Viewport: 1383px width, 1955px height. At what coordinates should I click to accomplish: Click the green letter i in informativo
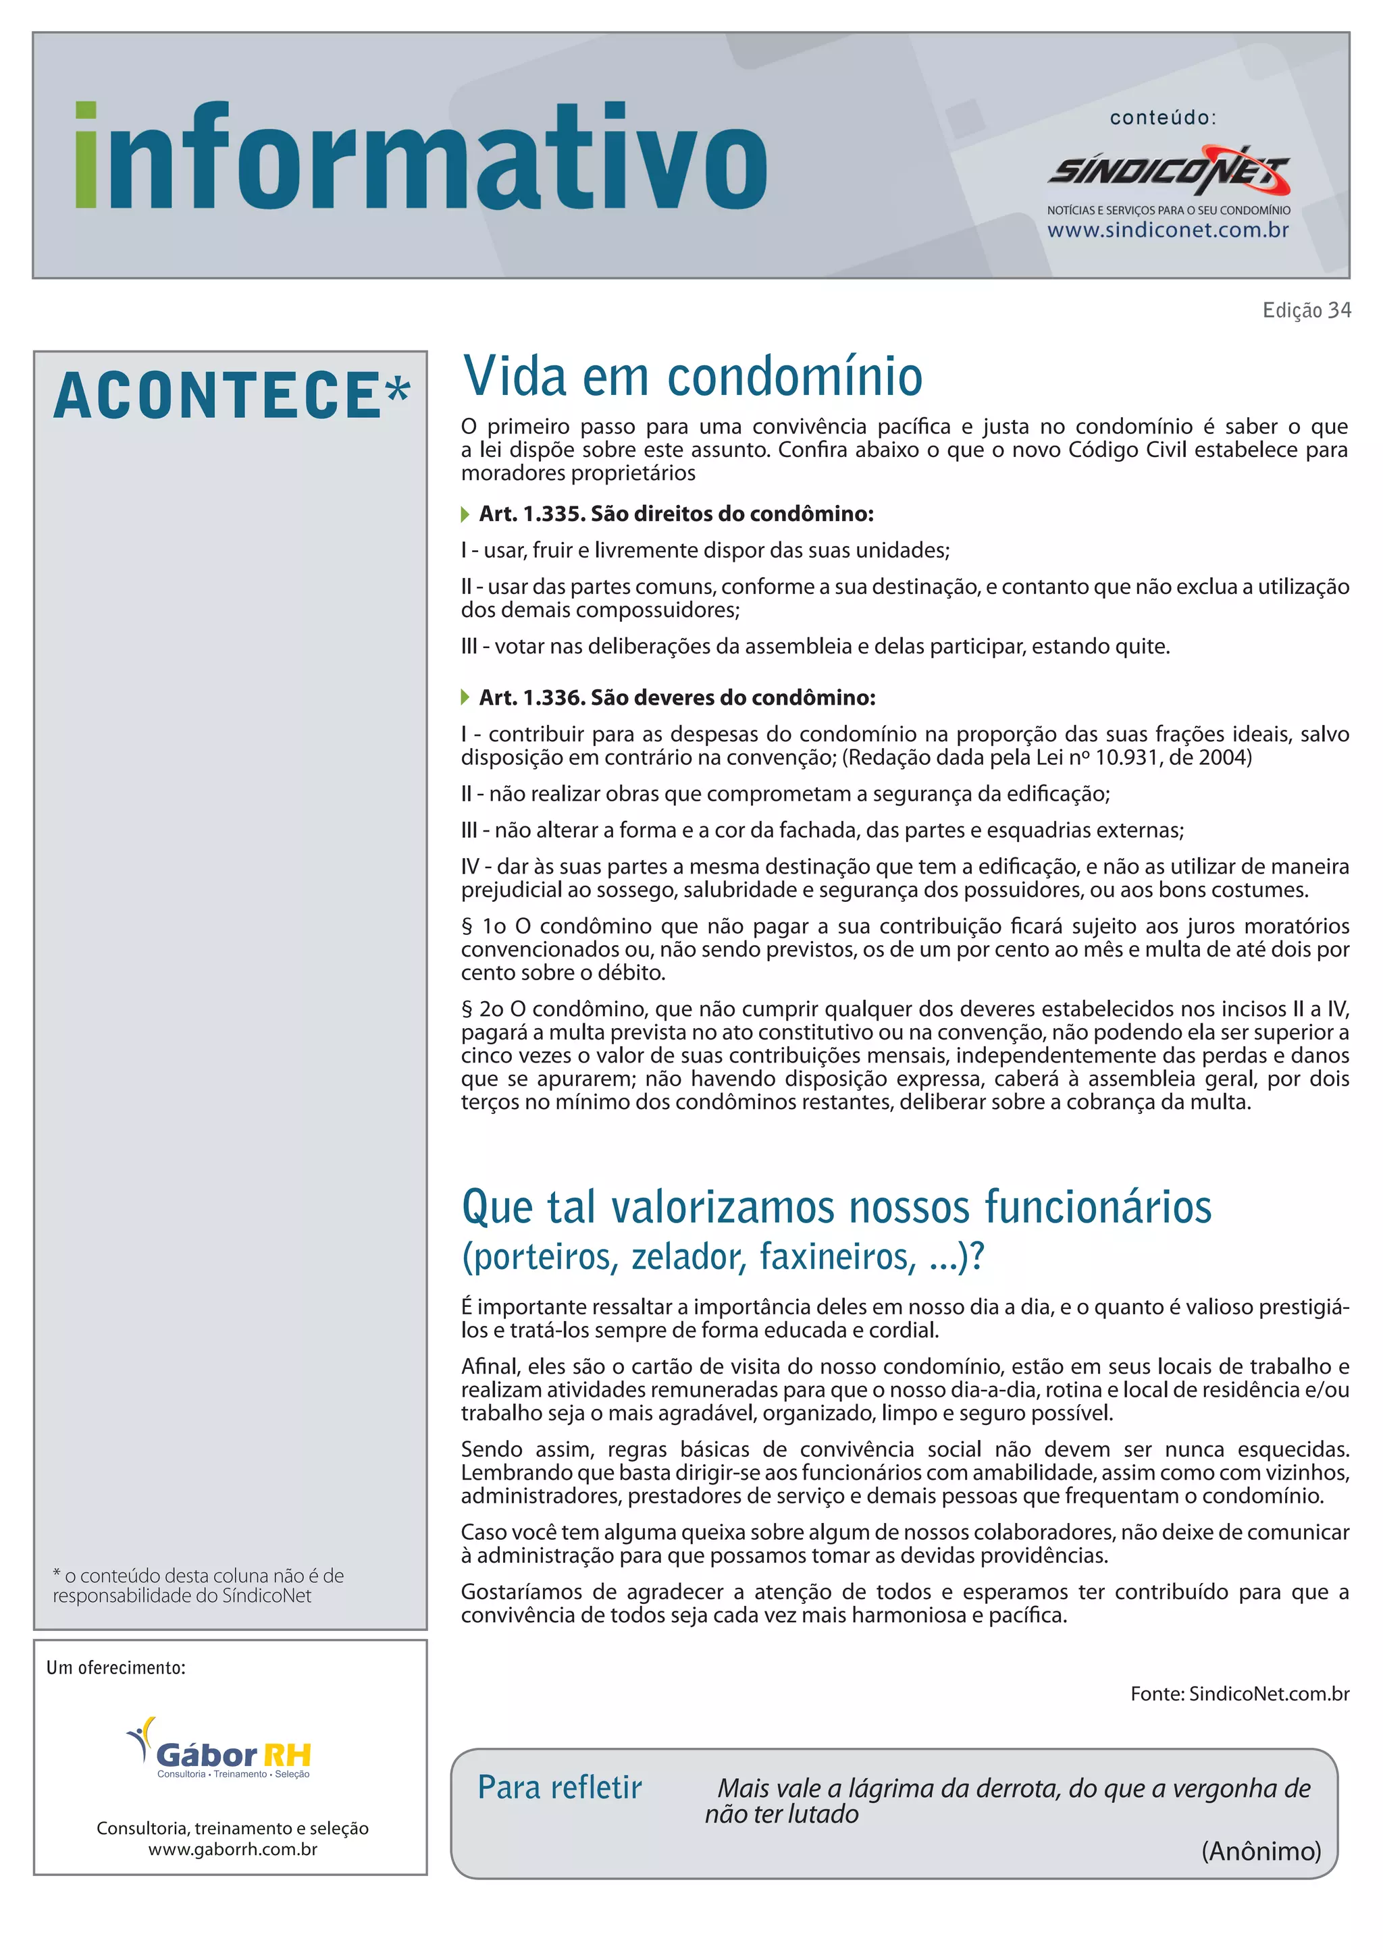[x=86, y=156]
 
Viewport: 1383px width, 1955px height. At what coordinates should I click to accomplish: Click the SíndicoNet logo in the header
[x=1168, y=171]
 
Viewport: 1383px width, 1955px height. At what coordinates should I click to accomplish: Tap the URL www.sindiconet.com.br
[x=1168, y=230]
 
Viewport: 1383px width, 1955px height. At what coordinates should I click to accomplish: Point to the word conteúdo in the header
[x=1162, y=118]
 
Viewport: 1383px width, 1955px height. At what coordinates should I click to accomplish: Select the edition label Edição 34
[x=1307, y=310]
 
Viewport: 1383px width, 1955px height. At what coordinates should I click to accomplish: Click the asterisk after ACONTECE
[x=398, y=392]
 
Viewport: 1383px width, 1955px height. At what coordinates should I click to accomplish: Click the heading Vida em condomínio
[x=692, y=377]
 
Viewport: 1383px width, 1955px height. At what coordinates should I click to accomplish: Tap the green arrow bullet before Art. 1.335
[x=465, y=514]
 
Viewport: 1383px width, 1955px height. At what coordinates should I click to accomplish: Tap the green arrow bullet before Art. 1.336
[x=465, y=698]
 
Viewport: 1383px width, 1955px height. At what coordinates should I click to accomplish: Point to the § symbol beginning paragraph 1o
[x=467, y=926]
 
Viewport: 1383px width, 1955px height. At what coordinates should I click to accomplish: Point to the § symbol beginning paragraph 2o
[x=467, y=1009]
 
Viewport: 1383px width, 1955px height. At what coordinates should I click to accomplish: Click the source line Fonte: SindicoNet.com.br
[x=1239, y=1694]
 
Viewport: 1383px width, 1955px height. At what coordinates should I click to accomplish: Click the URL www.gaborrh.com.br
[x=232, y=1848]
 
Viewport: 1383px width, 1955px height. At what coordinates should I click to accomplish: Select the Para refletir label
[x=560, y=1788]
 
